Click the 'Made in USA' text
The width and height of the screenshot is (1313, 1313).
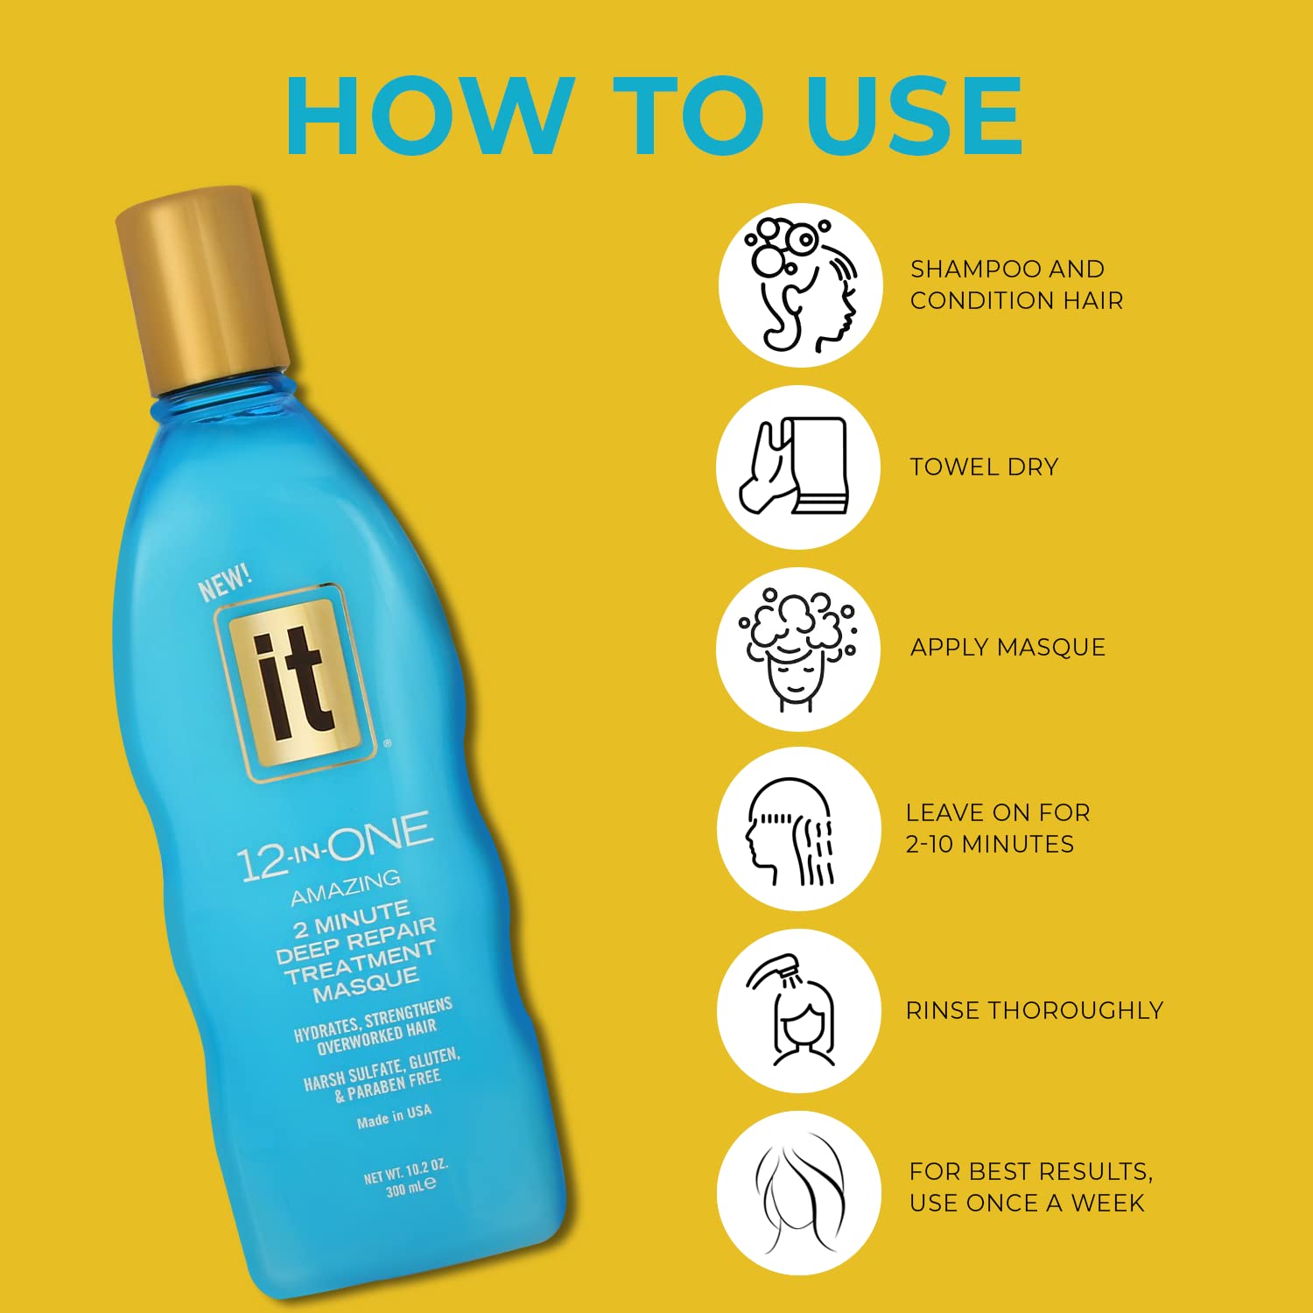(394, 1116)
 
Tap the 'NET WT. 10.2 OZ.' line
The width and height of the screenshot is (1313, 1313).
(405, 1170)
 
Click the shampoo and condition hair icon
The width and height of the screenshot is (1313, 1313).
(798, 285)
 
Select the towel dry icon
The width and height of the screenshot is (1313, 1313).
(798, 467)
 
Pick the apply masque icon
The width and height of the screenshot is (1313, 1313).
(798, 649)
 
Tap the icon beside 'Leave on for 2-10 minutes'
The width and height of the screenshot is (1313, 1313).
(798, 829)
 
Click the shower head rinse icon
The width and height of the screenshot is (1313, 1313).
(798, 1011)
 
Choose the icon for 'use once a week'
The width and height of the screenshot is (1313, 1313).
(798, 1193)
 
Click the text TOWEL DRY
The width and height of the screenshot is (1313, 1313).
(984, 467)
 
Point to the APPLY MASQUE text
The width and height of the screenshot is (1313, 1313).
(1008, 648)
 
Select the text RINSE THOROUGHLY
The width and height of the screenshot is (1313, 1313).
(1035, 1011)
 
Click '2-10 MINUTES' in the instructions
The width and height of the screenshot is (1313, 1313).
(990, 845)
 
